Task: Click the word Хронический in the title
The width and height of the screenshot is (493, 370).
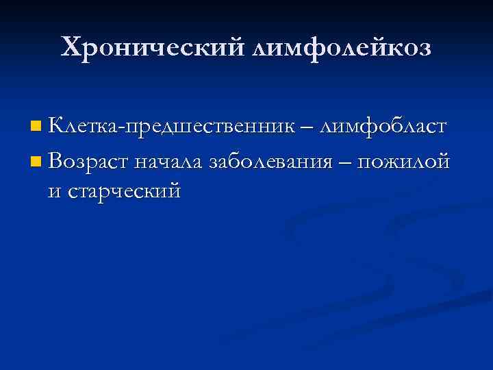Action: pyautogui.click(x=152, y=47)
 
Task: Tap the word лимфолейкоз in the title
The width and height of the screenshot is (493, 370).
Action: pyautogui.click(x=344, y=47)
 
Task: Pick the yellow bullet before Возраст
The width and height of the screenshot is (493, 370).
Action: pyautogui.click(x=36, y=162)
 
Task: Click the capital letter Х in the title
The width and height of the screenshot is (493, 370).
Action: pyautogui.click(x=71, y=47)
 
